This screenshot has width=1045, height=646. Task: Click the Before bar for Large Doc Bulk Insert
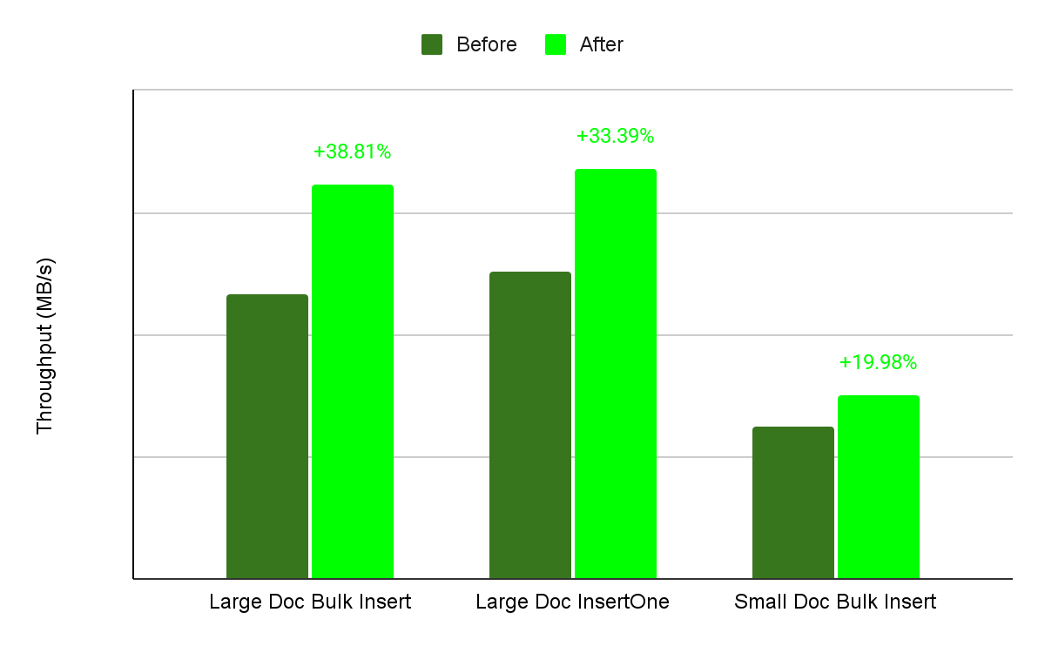[x=266, y=435]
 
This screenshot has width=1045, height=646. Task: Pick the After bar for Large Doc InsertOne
[x=615, y=373]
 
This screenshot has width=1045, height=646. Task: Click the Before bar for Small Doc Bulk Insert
[x=792, y=502]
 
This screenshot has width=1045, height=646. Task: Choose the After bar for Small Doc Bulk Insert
[x=878, y=487]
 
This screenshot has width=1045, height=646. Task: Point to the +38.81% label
[x=352, y=151]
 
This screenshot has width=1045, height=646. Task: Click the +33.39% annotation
[x=615, y=136]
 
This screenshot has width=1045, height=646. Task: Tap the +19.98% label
[x=878, y=363]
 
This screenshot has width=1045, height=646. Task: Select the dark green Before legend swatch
[x=432, y=44]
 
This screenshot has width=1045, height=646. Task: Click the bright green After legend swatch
[x=556, y=44]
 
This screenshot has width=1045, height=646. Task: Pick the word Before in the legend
[x=486, y=44]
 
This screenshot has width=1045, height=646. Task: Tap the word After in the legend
[x=602, y=44]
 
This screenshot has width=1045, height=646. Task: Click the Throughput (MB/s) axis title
[x=44, y=347]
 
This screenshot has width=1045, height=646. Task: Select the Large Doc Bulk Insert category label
[x=310, y=602]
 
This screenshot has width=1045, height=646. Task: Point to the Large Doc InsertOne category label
[x=572, y=602]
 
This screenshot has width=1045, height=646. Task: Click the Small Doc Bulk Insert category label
[x=835, y=602]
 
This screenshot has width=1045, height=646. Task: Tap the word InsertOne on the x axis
[x=629, y=602]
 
